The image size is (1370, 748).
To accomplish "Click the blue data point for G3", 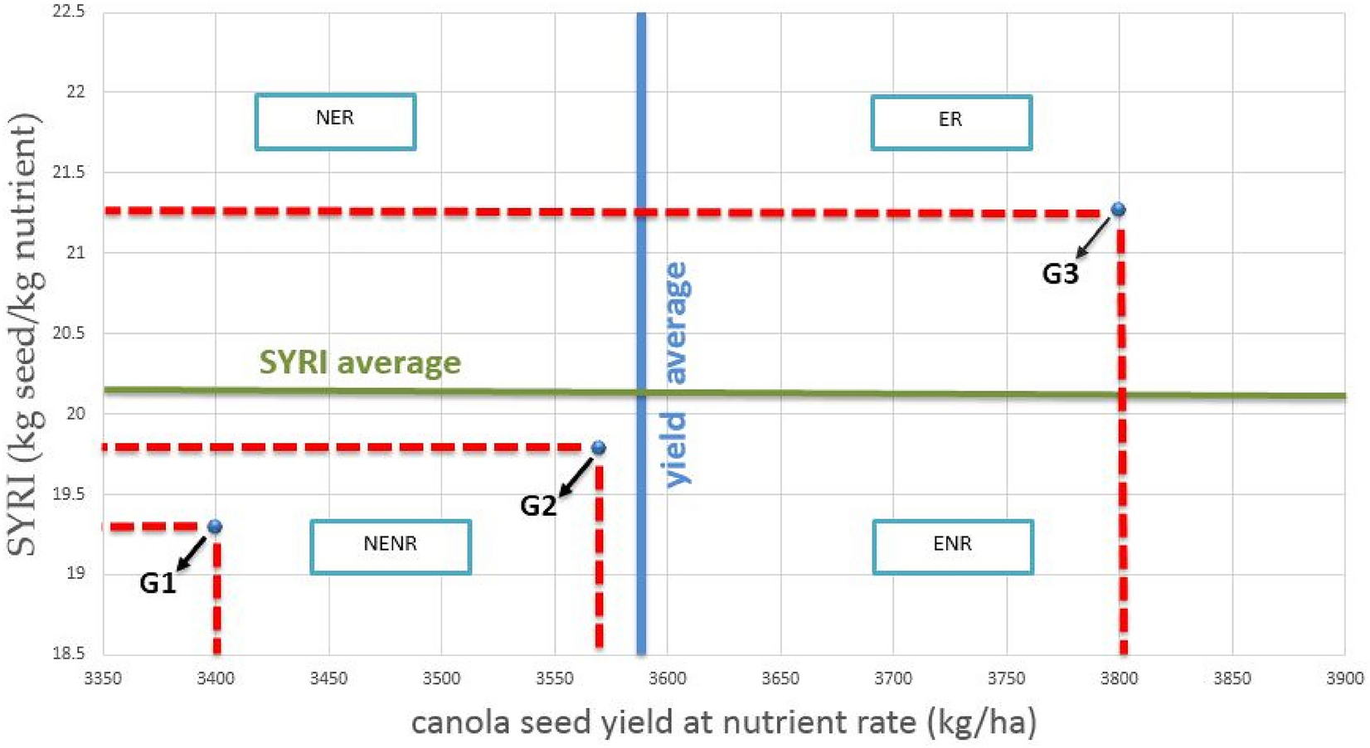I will coord(1118,209).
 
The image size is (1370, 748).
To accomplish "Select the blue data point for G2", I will coord(598,448).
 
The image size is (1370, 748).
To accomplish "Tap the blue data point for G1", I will coord(215,527).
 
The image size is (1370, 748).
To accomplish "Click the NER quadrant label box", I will coord(335,121).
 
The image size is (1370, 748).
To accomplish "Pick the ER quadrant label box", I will coord(951,122).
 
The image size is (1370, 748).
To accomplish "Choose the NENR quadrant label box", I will coord(391,546).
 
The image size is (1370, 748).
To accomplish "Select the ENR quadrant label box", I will coord(953,546).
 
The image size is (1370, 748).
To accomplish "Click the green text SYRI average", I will coord(360,362).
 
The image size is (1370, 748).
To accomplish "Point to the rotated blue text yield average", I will coord(677,373).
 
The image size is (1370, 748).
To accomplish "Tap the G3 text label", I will coord(1060,274).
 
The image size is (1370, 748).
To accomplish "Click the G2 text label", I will coord(538,505).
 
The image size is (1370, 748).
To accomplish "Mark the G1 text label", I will coord(158,583).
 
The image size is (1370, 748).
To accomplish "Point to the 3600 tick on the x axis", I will coord(667,679).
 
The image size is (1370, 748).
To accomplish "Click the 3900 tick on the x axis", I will coord(1344,679).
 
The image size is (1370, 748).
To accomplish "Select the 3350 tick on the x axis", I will coord(103,679).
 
